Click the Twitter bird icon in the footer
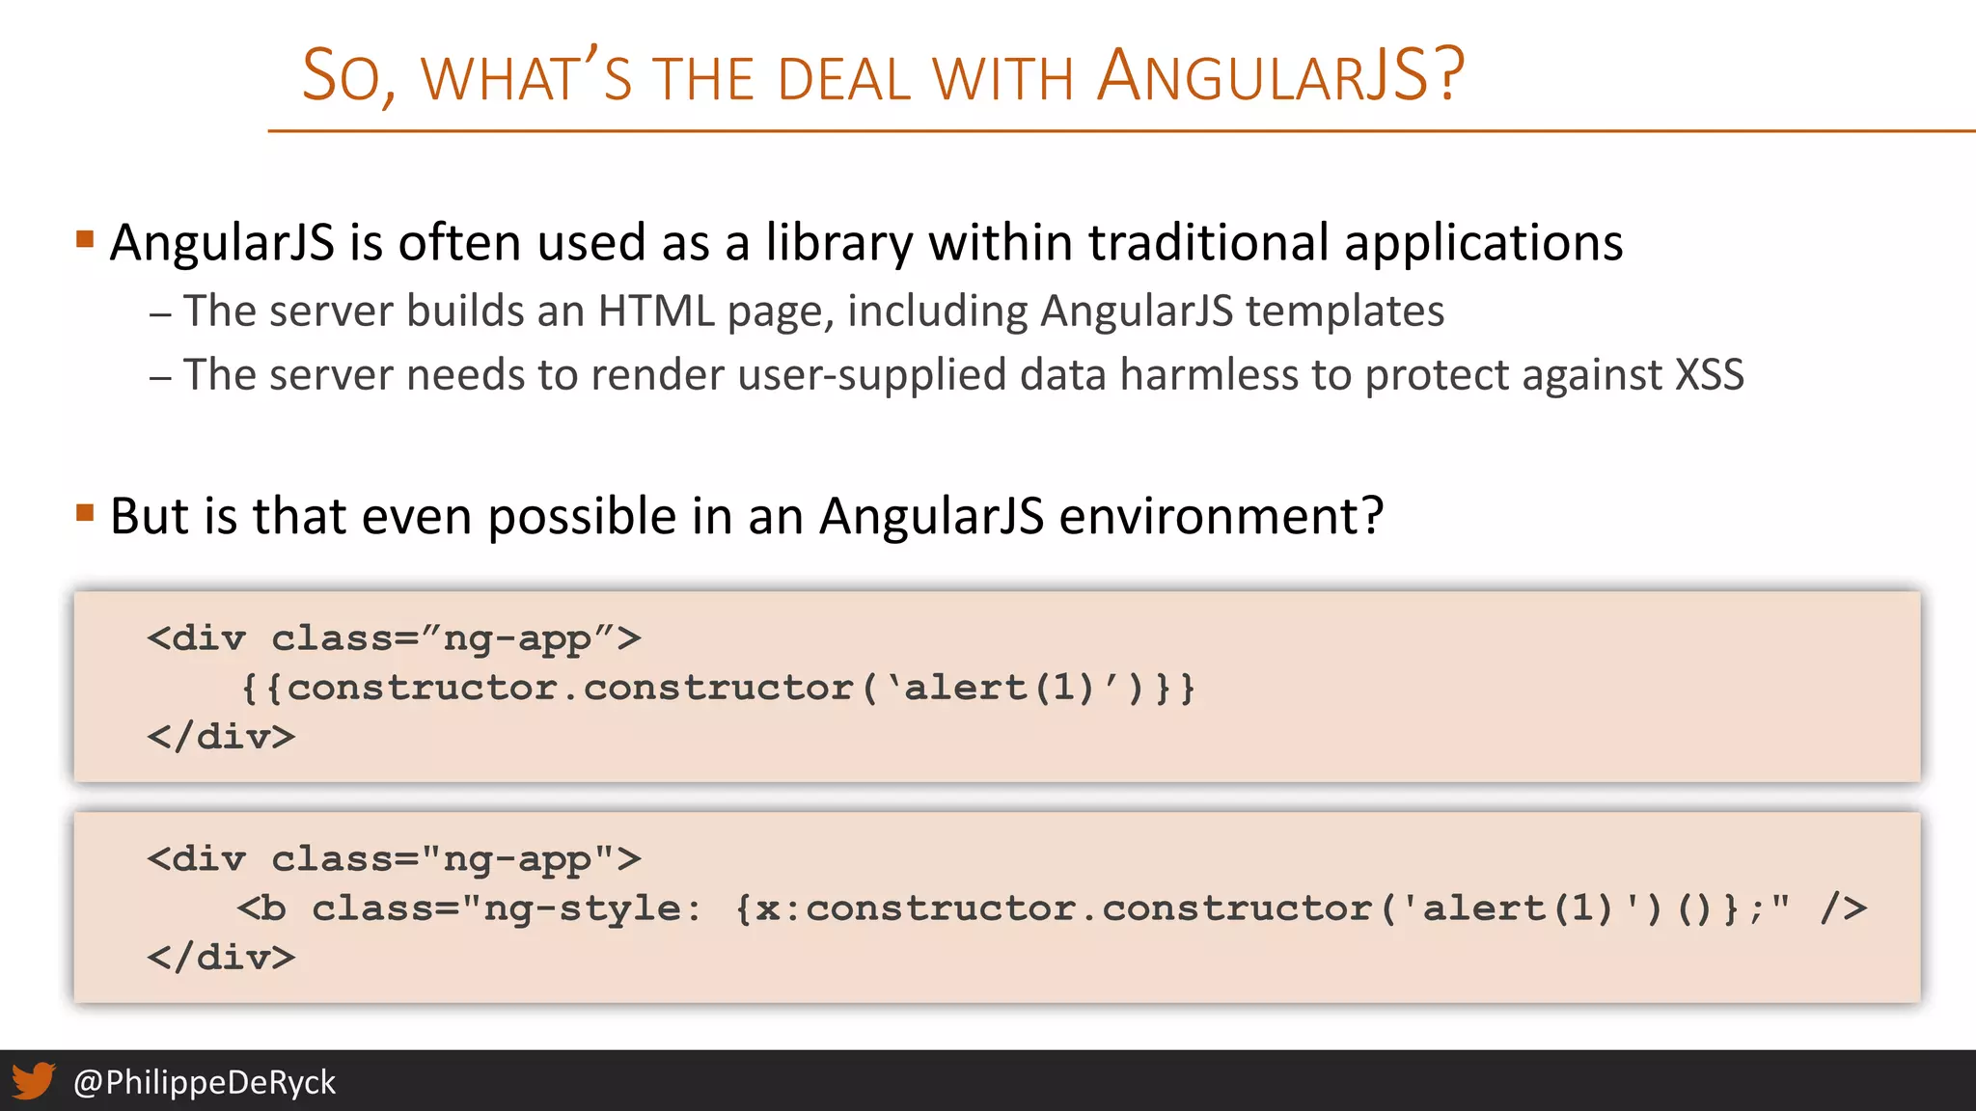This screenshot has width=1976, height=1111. tap(34, 1081)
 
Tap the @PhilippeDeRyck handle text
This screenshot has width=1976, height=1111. tap(205, 1082)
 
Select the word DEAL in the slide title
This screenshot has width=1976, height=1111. tap(844, 79)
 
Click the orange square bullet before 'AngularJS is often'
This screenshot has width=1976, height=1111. tap(85, 238)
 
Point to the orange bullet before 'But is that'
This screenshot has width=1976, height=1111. tap(85, 512)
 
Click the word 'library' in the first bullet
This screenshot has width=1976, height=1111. tap(838, 243)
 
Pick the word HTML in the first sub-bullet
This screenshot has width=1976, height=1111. tap(656, 312)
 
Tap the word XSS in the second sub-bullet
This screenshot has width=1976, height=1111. tap(1709, 375)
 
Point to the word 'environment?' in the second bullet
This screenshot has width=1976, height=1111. tap(1221, 516)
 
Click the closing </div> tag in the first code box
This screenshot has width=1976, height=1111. tap(221, 737)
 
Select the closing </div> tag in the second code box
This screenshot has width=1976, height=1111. tap(221, 958)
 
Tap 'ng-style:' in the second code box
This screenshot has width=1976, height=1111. tap(591, 908)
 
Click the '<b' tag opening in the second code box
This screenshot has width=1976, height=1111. tap(261, 908)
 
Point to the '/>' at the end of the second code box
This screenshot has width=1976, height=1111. tap(1843, 908)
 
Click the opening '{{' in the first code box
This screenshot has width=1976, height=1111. tap(261, 689)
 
